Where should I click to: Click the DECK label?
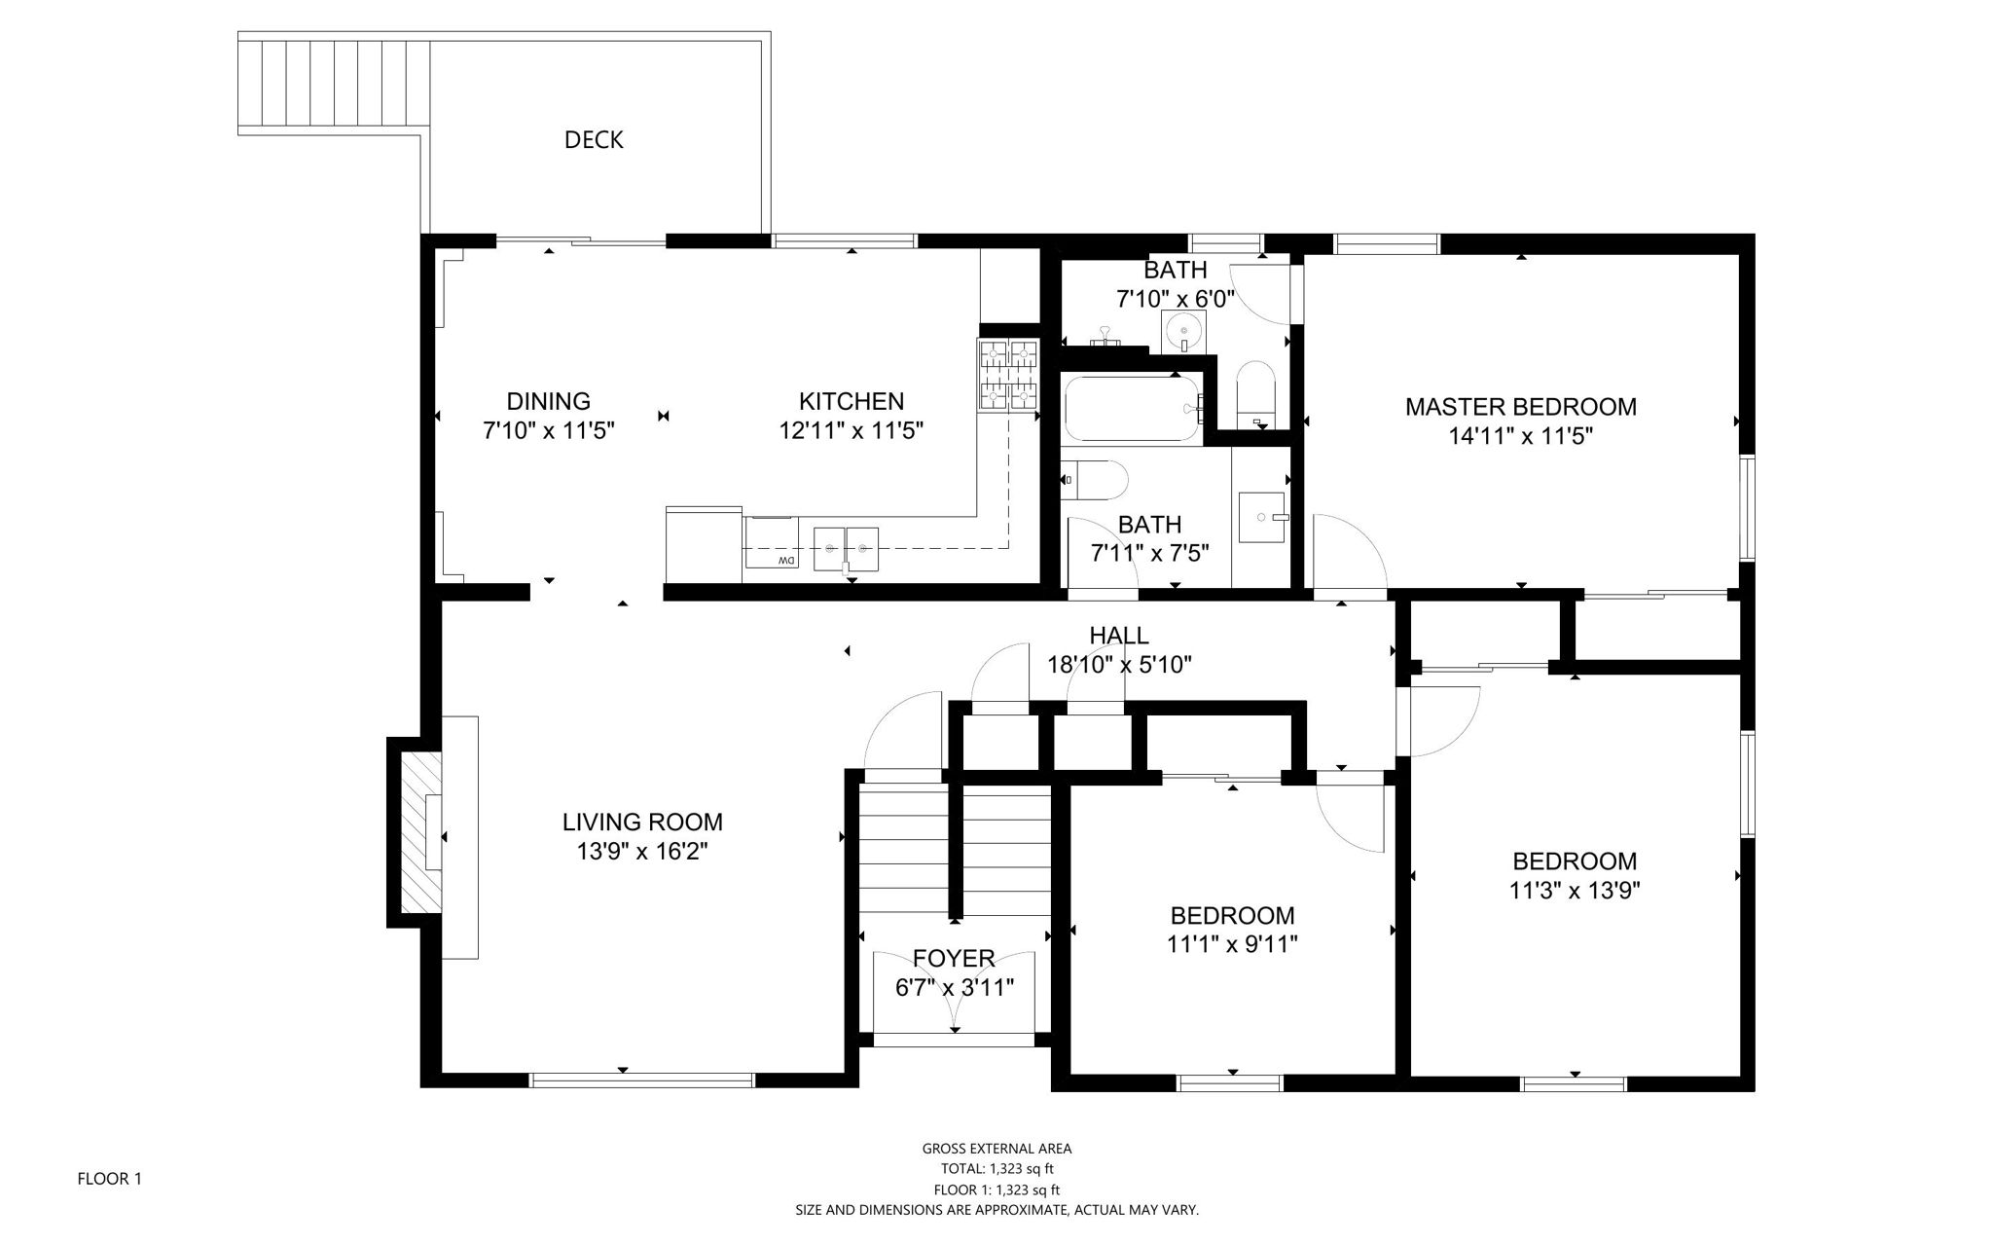[x=594, y=139]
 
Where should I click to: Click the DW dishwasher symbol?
[x=786, y=560]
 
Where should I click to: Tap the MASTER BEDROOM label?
[x=1520, y=406]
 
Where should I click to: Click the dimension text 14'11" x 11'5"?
[x=1520, y=436]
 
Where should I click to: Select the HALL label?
[x=1119, y=635]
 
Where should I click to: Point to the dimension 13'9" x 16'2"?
[x=642, y=852]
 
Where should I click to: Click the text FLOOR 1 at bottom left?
[x=109, y=1179]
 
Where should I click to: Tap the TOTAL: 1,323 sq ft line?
[x=996, y=1169]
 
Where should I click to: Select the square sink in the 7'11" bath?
[x=1262, y=518]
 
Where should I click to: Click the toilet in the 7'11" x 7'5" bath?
[x=1093, y=480]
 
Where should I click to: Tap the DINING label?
[x=548, y=400]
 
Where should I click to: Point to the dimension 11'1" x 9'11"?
[x=1232, y=944]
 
